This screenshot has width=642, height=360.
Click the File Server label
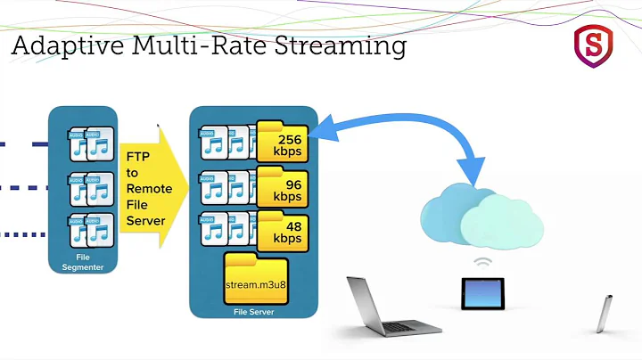pyautogui.click(x=254, y=313)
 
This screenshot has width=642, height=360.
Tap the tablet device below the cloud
pyautogui.click(x=481, y=293)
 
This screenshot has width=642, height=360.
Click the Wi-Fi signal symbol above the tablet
pyautogui.click(x=482, y=264)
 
